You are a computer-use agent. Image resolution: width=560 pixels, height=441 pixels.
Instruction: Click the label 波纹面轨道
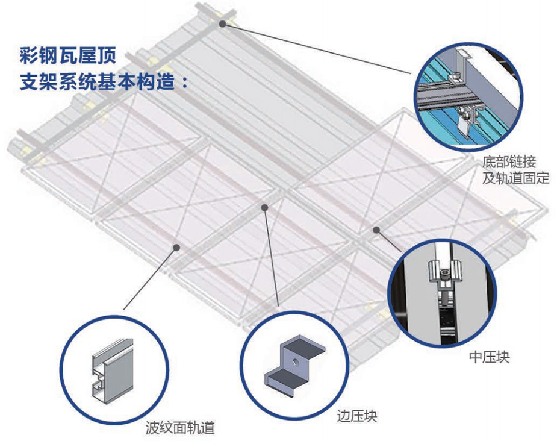[180, 428]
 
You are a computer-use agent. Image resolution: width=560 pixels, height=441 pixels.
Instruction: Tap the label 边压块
[356, 415]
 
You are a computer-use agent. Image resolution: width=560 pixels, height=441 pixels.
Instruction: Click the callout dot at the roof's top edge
[223, 23]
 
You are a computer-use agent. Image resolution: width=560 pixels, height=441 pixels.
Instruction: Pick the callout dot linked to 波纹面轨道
[178, 246]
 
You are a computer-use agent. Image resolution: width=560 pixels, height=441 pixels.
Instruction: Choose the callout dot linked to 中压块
[376, 229]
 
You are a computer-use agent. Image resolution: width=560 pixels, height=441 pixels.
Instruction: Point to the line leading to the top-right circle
[319, 48]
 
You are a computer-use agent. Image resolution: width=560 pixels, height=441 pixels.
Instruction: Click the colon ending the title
[184, 83]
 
